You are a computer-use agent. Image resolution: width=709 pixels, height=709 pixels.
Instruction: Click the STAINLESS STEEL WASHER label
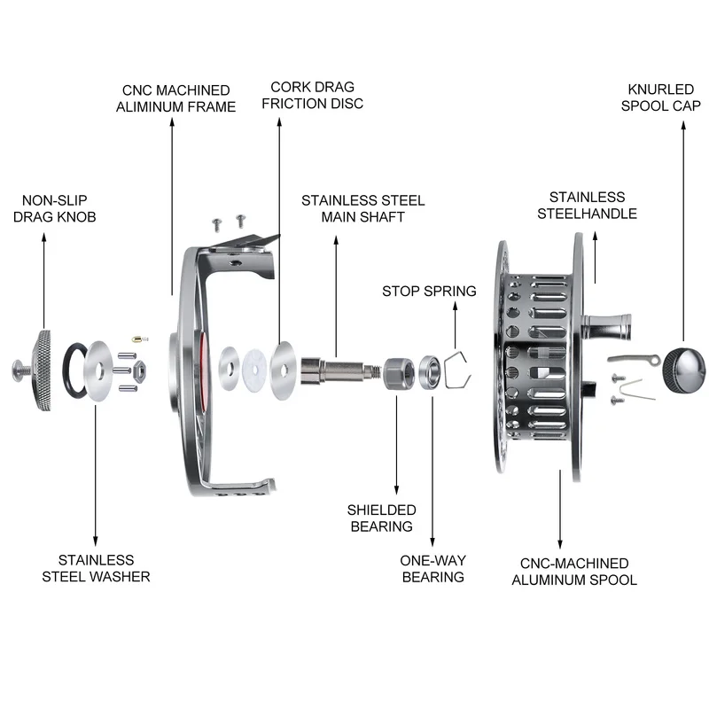[x=96, y=568]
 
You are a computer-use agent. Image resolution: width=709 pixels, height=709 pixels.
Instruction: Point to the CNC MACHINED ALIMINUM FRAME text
[x=176, y=98]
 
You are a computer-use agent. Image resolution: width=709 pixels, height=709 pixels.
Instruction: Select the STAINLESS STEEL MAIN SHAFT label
[x=362, y=208]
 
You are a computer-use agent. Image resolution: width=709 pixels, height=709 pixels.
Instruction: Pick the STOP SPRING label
[x=429, y=291]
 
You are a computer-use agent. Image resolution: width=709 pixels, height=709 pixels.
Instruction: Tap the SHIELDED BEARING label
[x=381, y=518]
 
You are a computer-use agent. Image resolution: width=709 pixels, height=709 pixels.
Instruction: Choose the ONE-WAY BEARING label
[x=433, y=568]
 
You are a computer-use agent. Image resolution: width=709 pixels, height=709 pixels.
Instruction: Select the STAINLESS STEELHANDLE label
[x=593, y=206]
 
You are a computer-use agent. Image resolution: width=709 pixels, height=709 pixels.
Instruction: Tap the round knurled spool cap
[x=685, y=366]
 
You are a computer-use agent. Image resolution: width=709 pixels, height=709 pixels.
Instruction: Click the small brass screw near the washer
[x=136, y=339]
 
